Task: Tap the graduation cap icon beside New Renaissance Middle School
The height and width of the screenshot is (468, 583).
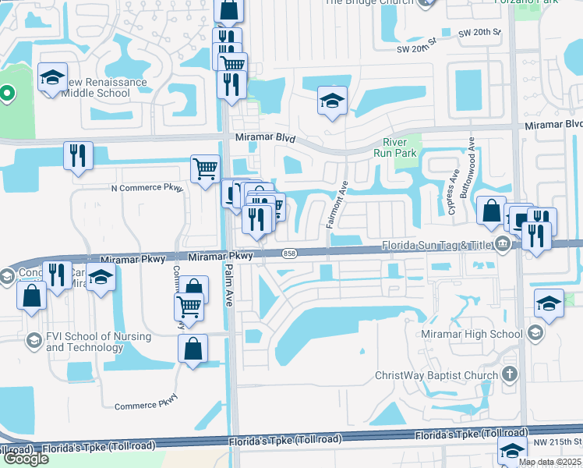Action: point(52,77)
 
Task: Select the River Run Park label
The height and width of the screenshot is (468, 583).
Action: point(401,147)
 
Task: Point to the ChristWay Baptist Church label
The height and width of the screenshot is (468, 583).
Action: point(436,375)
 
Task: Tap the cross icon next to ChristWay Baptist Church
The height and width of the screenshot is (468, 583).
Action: point(510,374)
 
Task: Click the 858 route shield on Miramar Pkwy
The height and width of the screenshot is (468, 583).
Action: point(290,253)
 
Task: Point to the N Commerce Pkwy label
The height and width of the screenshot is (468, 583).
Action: point(147,188)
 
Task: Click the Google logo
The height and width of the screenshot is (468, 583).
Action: point(25,459)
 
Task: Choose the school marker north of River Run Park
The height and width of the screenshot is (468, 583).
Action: point(332,101)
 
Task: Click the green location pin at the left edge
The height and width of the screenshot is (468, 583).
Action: point(7,95)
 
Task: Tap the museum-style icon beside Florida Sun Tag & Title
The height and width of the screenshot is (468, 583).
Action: point(503,245)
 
